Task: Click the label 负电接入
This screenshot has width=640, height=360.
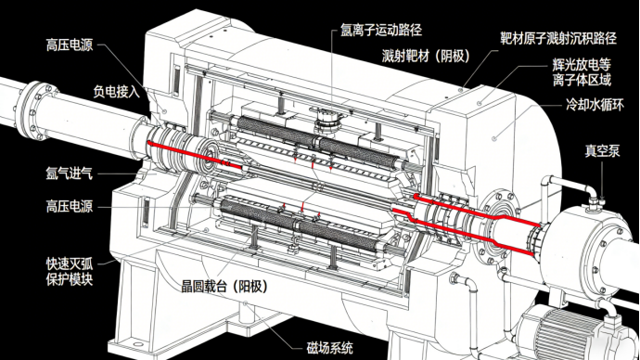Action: (116, 92)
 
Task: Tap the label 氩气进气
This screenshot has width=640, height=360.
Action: (70, 174)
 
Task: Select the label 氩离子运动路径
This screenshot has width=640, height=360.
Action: (381, 30)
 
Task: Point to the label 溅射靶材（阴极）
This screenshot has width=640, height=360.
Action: (426, 56)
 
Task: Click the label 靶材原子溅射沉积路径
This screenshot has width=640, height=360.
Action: (558, 38)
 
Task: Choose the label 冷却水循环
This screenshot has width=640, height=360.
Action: (595, 105)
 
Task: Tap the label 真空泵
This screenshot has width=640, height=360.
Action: (602, 151)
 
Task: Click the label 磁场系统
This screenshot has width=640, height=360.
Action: (330, 348)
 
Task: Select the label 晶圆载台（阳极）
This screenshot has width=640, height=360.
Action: (224, 286)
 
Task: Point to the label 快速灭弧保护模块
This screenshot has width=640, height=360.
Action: (70, 272)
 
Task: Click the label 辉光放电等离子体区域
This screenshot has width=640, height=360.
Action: (582, 71)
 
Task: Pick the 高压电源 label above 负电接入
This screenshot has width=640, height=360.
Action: (70, 45)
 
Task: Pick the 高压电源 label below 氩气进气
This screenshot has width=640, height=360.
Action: (70, 206)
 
